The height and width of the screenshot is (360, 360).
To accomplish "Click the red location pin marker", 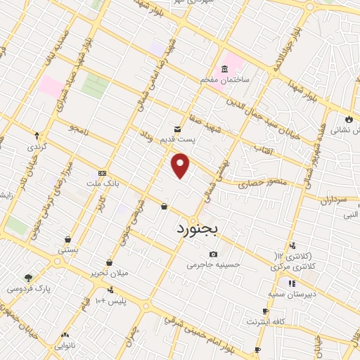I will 181,165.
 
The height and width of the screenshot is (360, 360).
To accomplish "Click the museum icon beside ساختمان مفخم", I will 224,69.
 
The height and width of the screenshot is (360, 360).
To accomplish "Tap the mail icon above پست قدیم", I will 176,129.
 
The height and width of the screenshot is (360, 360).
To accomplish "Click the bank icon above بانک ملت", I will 103,172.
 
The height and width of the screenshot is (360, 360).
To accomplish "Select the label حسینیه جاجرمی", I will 214,265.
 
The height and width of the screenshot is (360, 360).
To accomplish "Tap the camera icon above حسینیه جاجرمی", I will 213,254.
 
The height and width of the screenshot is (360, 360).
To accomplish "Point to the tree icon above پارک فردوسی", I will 28,278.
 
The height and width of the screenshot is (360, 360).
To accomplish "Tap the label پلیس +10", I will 110,301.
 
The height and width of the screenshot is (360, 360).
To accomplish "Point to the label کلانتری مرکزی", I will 291,268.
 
